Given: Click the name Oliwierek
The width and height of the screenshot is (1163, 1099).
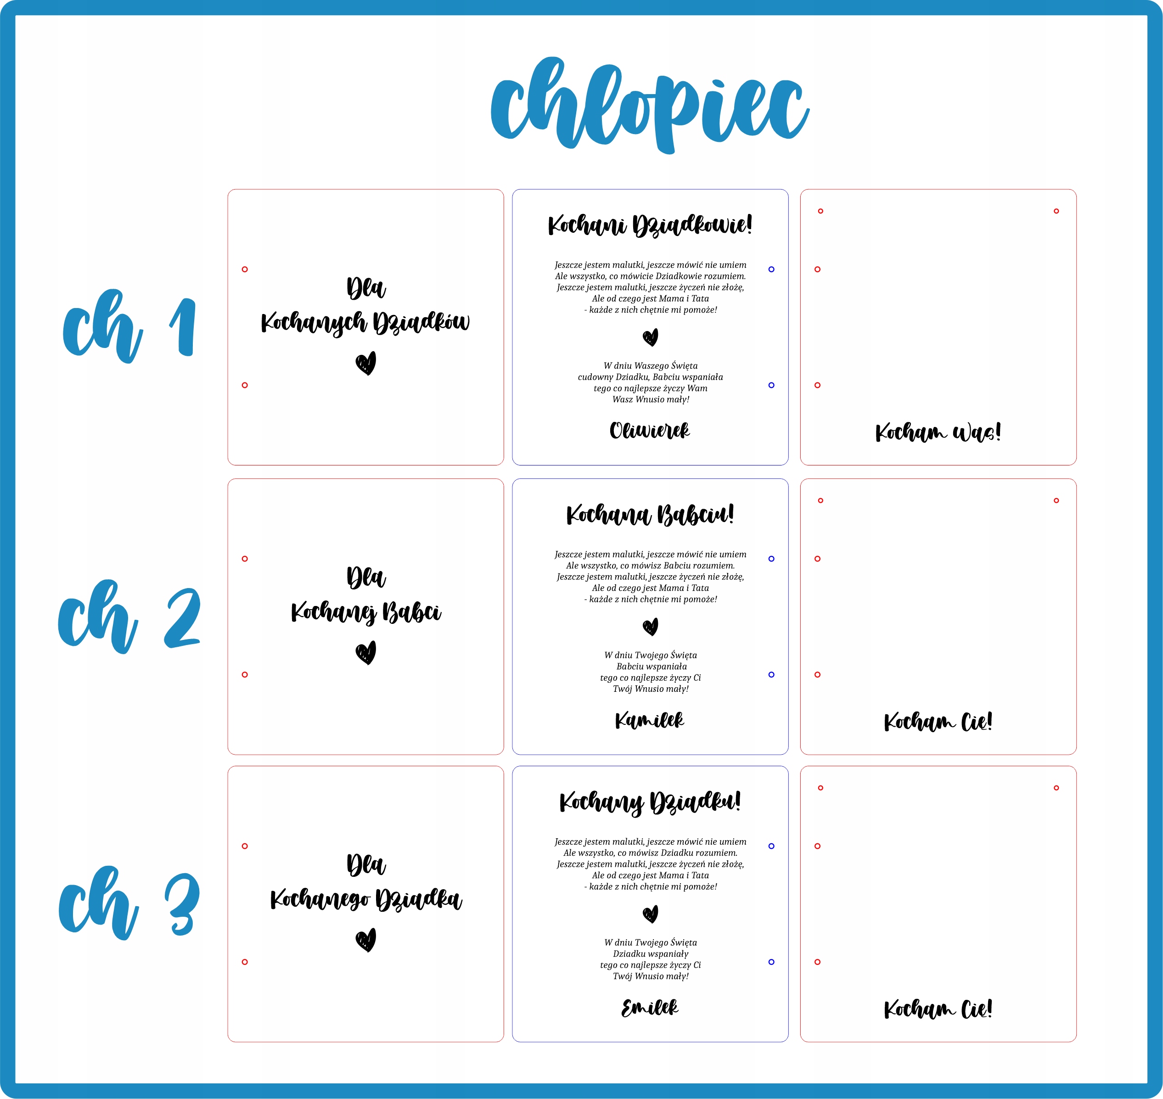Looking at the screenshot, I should click(x=649, y=431).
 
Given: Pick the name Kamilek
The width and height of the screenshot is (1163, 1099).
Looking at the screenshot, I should click(x=649, y=720).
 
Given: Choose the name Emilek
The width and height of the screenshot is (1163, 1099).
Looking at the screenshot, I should click(x=649, y=1008).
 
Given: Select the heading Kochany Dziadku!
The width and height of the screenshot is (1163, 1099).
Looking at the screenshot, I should click(x=649, y=802).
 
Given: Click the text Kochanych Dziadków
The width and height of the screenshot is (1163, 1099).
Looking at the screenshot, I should click(x=365, y=323).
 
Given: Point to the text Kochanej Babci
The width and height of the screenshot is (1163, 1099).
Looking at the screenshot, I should click(x=365, y=612).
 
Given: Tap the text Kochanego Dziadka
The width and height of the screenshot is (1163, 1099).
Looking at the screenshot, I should click(x=365, y=899).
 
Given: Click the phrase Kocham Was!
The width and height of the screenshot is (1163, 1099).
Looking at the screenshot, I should click(x=938, y=432).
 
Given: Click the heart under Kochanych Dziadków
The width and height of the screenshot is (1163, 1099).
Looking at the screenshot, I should click(x=365, y=363).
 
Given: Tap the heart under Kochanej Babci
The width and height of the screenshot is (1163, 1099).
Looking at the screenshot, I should click(x=365, y=653).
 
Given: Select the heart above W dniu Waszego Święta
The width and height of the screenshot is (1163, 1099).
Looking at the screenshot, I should click(x=650, y=337).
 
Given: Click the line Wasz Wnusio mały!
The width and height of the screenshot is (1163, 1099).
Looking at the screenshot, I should click(x=650, y=399).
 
